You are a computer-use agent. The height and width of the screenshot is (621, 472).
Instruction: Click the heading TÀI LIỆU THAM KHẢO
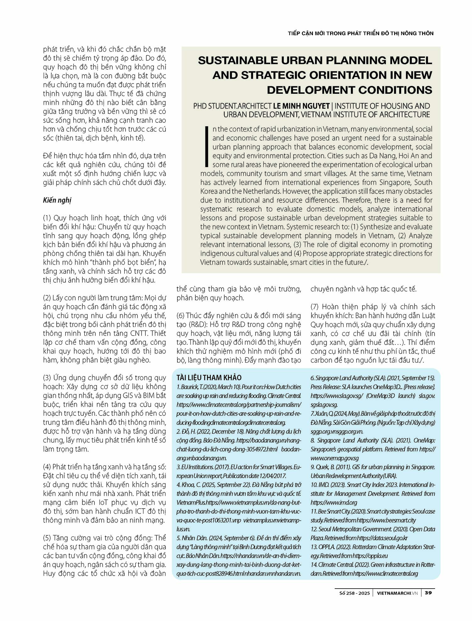coord(209,378)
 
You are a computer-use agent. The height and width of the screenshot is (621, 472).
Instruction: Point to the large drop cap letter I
coord(207,147)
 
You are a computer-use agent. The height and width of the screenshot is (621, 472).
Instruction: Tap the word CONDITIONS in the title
coord(397,90)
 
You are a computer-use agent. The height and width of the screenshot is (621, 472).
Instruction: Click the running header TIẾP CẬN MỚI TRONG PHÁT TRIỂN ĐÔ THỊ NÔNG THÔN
coord(361,33)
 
